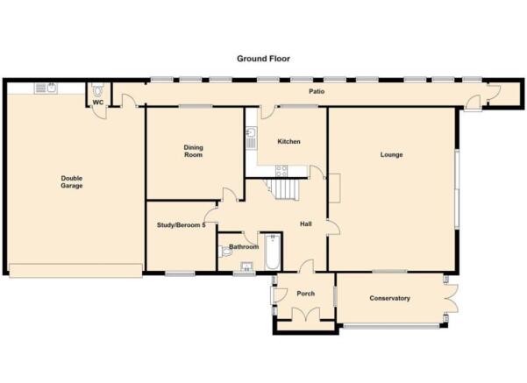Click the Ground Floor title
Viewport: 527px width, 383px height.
tap(263, 59)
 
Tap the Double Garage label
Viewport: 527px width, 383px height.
tap(72, 182)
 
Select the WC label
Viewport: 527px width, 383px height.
tap(98, 103)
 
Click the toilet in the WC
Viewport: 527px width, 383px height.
tap(98, 90)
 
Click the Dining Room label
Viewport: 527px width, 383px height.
tap(193, 151)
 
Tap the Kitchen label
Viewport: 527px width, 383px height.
tap(288, 141)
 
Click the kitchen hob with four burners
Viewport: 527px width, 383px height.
tap(281, 171)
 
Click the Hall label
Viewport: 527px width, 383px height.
tap(306, 224)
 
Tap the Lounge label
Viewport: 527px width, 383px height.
tap(392, 155)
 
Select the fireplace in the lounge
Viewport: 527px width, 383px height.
tap(334, 188)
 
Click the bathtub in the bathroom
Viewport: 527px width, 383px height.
tap(272, 252)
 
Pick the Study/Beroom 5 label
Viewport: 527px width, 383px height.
tap(182, 225)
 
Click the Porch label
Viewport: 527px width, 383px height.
tap(306, 294)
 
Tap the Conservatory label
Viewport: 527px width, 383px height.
tap(390, 298)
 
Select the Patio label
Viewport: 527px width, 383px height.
tap(317, 91)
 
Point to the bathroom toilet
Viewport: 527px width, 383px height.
tap(225, 252)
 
